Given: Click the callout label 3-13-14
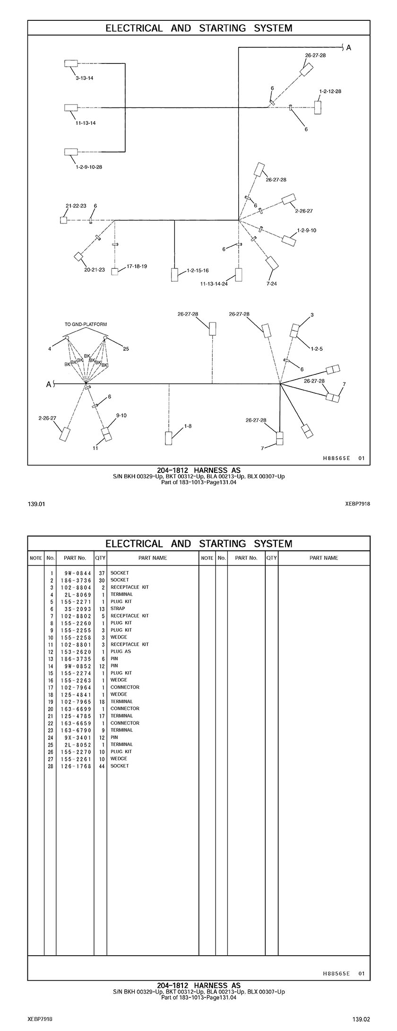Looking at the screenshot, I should tap(84, 78).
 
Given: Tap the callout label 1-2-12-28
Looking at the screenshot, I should tap(330, 91).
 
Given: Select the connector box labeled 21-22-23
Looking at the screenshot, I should tap(64, 220).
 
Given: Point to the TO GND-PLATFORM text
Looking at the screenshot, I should tap(86, 324).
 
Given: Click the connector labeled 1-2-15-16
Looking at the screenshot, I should tap(175, 275).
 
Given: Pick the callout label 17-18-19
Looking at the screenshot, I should tap(137, 267).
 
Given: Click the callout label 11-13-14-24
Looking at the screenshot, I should tap(214, 284).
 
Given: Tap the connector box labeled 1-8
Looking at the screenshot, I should tap(169, 438).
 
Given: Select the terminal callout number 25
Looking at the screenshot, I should tap(126, 349).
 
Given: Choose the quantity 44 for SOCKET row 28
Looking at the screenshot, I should tap(100, 766).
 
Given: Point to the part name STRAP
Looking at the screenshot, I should tap(118, 609).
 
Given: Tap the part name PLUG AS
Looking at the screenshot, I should tap(121, 651).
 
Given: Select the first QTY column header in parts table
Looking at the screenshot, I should tap(100, 558).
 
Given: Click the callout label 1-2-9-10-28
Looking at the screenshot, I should tap(89, 167).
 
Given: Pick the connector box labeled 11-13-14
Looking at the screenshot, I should tap(71, 108).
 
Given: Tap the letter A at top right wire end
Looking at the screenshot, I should tap(349, 48).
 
